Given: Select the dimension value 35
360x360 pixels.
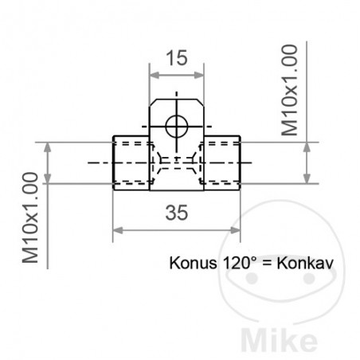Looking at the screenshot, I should point(178,212).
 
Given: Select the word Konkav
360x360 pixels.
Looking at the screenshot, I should point(306,262).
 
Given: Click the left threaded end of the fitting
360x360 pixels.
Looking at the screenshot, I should point(132,162).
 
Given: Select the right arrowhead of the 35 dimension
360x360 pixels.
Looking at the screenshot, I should point(237,230).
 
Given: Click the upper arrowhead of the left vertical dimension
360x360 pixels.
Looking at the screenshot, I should point(50,148).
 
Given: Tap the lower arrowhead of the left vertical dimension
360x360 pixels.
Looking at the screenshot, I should point(50,178).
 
